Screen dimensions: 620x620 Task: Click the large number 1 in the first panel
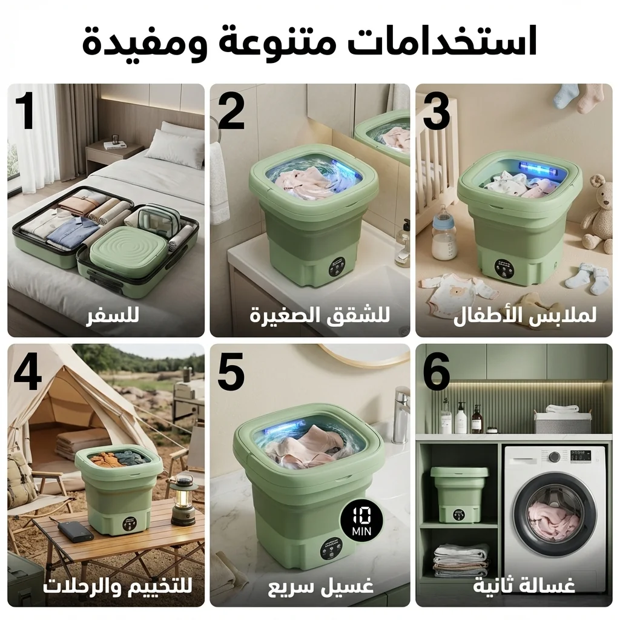point(25,111)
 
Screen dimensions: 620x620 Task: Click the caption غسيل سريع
point(321,586)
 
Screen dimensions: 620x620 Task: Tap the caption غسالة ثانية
point(524,586)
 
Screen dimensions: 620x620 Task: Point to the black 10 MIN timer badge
point(361,520)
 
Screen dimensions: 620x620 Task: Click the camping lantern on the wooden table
point(182,501)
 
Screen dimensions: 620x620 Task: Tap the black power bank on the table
point(75,530)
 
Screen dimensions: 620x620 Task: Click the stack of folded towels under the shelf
point(461,561)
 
